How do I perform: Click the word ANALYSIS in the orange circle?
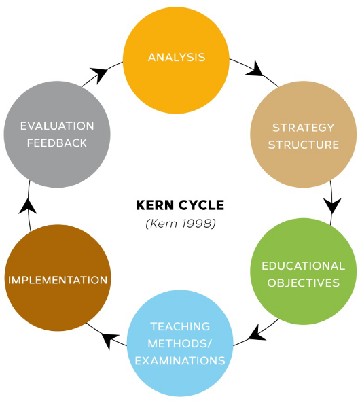(x=177, y=57)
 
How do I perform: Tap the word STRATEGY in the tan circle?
(x=303, y=128)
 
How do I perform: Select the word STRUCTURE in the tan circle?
(x=303, y=145)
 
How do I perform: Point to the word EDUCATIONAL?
(x=303, y=266)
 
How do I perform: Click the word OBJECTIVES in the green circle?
(x=303, y=283)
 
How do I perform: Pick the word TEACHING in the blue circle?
(x=180, y=326)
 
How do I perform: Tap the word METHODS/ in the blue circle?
(x=180, y=343)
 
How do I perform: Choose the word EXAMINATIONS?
(x=180, y=360)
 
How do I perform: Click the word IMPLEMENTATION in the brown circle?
(x=58, y=280)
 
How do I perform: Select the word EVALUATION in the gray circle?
(x=57, y=126)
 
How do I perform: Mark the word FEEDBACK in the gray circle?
(x=57, y=143)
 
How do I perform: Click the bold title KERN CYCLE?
(x=180, y=205)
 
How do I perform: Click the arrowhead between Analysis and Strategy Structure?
(x=255, y=69)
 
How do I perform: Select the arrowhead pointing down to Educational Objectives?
(x=332, y=205)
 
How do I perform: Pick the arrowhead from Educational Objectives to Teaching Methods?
(x=257, y=334)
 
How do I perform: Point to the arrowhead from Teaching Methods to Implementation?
(x=110, y=339)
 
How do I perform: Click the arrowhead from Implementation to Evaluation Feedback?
(x=28, y=207)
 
